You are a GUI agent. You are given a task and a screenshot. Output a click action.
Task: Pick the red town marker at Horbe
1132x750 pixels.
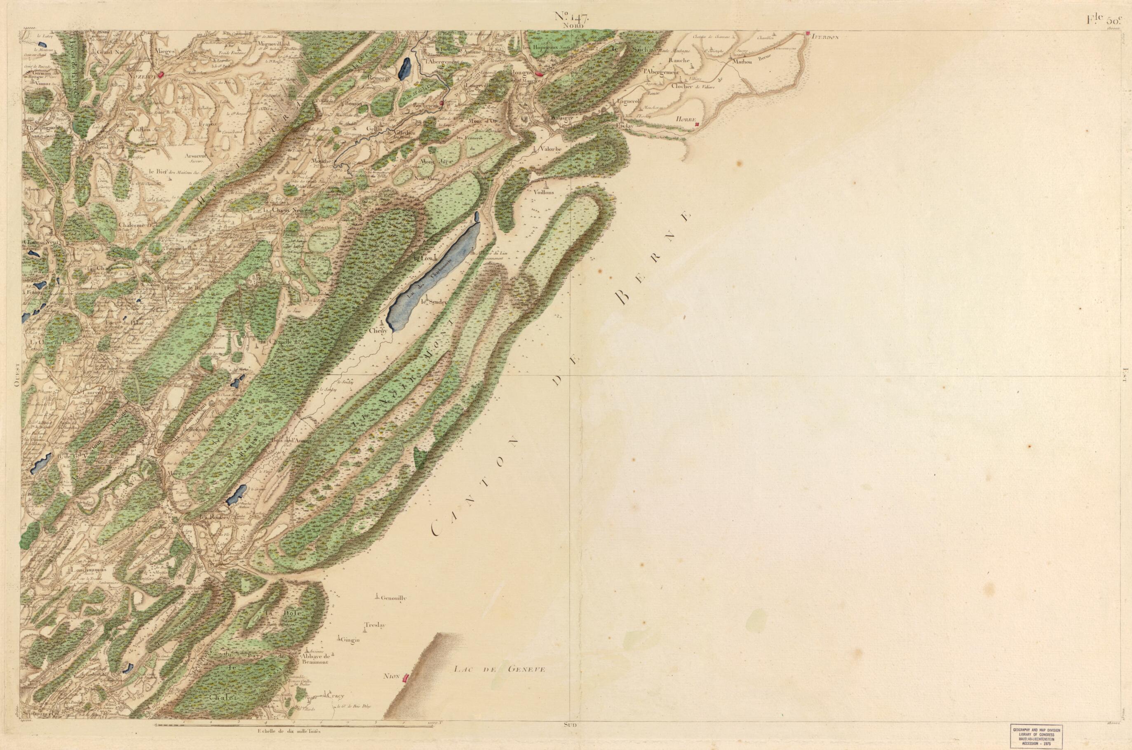click(x=697, y=124)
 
